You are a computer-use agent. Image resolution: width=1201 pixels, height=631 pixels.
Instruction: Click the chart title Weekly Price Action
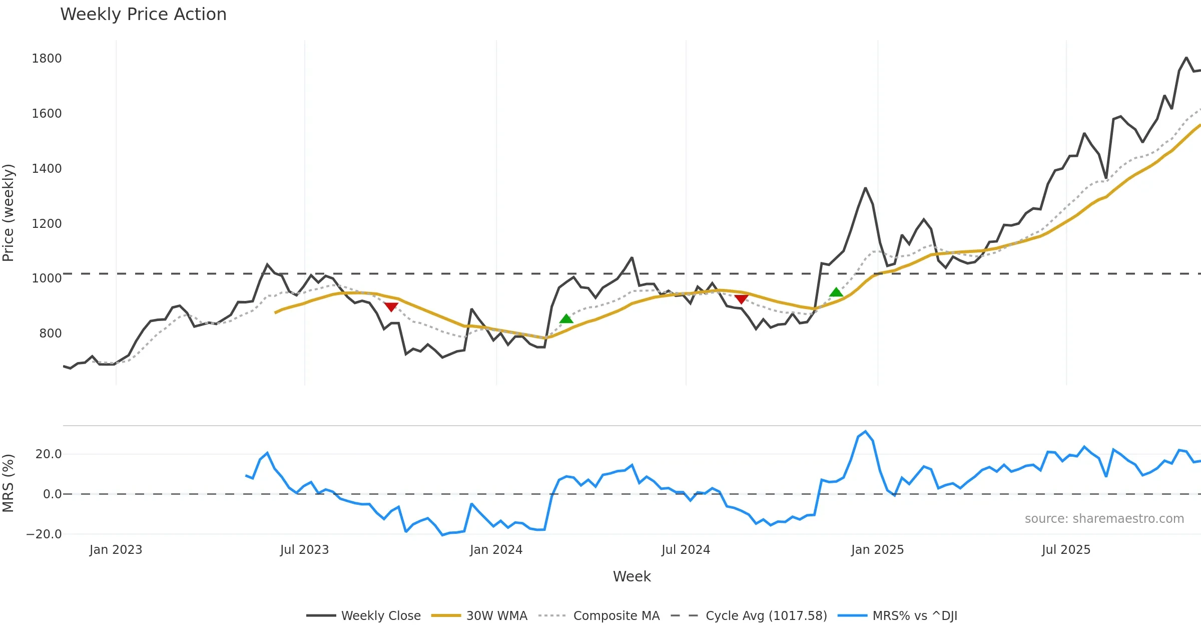tap(143, 15)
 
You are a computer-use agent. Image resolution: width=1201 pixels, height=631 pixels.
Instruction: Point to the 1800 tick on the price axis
tap(47, 59)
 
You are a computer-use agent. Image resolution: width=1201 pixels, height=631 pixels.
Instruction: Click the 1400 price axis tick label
tap(47, 169)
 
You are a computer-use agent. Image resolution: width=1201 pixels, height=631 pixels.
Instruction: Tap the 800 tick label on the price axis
tap(50, 334)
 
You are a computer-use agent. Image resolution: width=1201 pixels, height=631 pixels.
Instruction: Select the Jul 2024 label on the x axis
tap(686, 550)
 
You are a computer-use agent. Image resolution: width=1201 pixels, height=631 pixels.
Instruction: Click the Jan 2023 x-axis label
tap(116, 550)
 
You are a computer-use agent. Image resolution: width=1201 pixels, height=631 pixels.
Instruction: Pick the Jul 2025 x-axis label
tap(1066, 550)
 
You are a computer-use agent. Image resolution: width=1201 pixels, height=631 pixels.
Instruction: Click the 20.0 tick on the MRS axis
tap(48, 454)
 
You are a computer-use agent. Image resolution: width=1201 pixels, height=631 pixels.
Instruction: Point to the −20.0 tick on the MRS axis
tap(44, 534)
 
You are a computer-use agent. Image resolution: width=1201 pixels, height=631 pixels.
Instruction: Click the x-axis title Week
tap(632, 577)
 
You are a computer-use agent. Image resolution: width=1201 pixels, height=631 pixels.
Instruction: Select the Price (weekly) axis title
tap(9, 213)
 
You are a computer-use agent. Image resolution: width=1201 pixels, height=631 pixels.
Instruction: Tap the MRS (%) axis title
tap(9, 483)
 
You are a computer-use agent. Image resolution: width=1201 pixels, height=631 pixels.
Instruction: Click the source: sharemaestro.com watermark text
tap(1104, 519)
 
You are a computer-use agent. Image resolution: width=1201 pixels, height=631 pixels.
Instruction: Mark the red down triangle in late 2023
tap(391, 306)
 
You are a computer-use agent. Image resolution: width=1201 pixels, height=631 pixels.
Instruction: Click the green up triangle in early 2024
tap(566, 319)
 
